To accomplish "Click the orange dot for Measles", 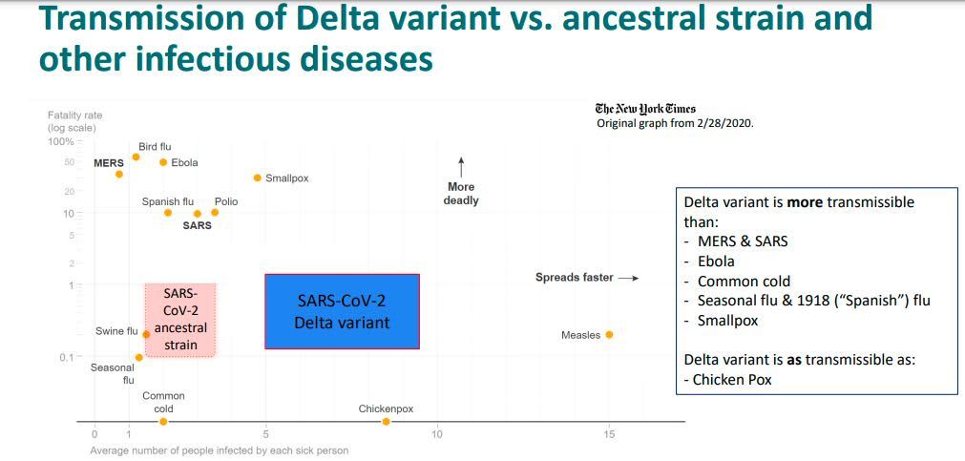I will [x=609, y=334].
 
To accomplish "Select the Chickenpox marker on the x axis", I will [x=386, y=421].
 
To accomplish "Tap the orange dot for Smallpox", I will [x=257, y=178].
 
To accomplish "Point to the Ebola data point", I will [x=163, y=162].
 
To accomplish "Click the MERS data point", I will [x=119, y=174].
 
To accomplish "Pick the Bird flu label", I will [x=155, y=146].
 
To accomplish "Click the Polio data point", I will [x=215, y=212].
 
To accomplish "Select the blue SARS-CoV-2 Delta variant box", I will [x=342, y=311].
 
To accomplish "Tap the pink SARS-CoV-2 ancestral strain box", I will [x=179, y=319].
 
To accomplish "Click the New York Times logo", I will [x=644, y=109].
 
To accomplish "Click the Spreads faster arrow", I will [x=627, y=278].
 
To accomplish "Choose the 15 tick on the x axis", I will [x=609, y=435].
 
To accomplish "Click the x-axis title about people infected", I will [x=219, y=451].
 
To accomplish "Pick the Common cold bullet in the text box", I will [x=744, y=282].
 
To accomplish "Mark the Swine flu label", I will [x=116, y=331].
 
